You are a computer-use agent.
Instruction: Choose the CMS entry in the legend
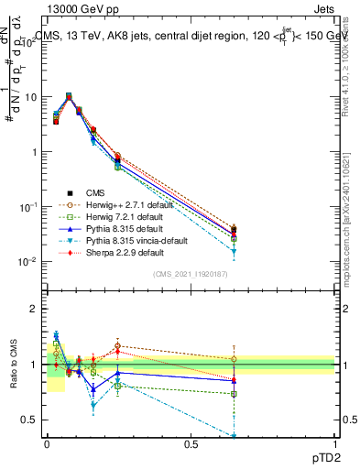tap(94, 192)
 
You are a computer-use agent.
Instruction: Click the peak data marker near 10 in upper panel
tap(69, 95)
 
